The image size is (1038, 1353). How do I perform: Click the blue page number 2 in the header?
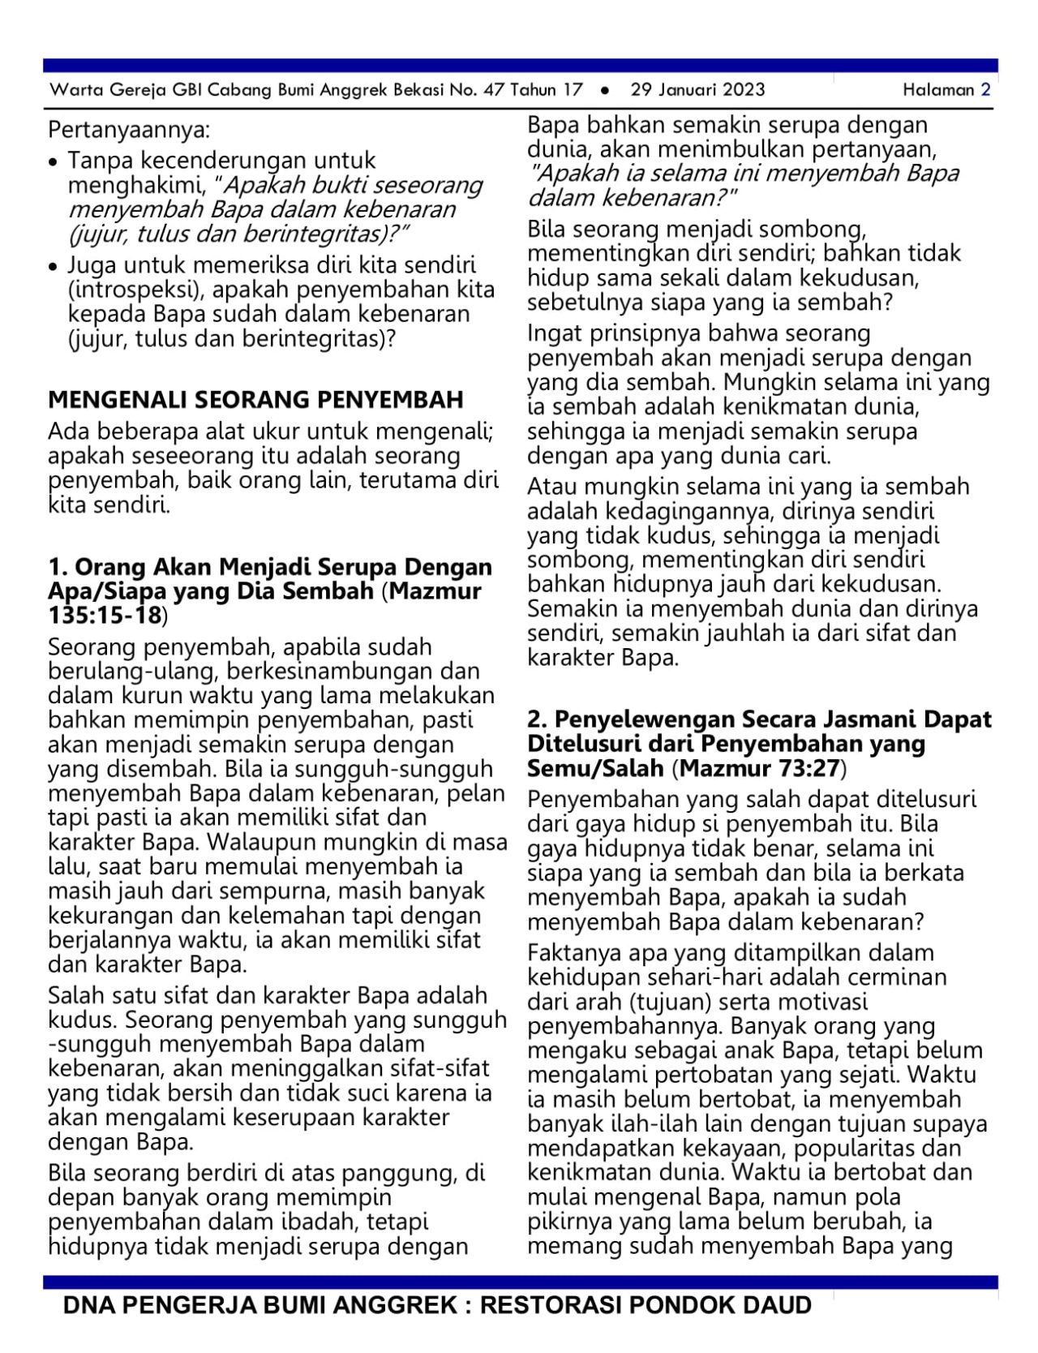(x=985, y=89)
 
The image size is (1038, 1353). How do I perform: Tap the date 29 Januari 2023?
(x=697, y=89)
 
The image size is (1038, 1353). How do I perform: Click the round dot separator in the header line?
(x=605, y=90)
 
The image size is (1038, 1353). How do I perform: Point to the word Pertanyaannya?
(x=129, y=130)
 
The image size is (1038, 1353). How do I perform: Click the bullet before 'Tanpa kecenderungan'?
(x=54, y=162)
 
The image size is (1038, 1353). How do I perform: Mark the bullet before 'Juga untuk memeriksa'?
(x=54, y=267)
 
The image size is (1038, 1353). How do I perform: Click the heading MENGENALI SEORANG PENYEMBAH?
(x=255, y=399)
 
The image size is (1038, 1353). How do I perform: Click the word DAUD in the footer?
(x=775, y=1305)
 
